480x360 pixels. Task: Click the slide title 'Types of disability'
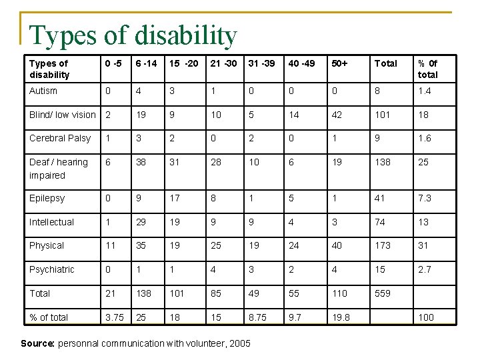pyautogui.click(x=133, y=36)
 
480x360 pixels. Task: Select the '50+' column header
pyautogui.click(x=339, y=63)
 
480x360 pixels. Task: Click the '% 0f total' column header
pyautogui.click(x=428, y=69)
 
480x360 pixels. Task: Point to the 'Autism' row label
pyautogui.click(x=43, y=91)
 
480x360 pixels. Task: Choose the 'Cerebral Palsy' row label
pyautogui.click(x=60, y=138)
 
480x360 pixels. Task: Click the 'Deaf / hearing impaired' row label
pyautogui.click(x=59, y=169)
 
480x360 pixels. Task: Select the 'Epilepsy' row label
pyautogui.click(x=47, y=198)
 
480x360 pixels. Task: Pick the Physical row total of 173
pyautogui.click(x=383, y=245)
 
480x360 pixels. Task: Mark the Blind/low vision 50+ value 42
pyautogui.click(x=337, y=115)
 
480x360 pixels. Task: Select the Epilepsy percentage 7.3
pyautogui.click(x=425, y=198)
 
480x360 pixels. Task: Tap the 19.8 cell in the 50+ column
pyautogui.click(x=340, y=317)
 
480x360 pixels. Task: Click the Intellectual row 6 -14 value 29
pyautogui.click(x=142, y=222)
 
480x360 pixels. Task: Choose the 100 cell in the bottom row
pyautogui.click(x=425, y=317)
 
